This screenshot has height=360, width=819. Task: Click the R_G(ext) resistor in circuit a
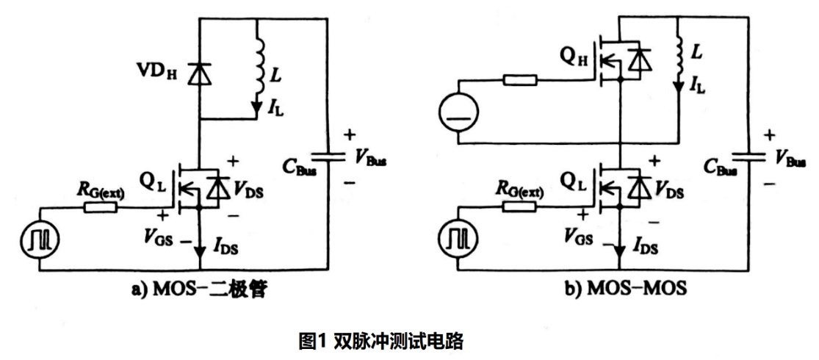(x=101, y=208)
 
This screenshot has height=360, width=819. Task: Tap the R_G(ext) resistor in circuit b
(x=518, y=208)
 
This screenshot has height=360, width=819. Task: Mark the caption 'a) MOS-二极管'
(x=198, y=290)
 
